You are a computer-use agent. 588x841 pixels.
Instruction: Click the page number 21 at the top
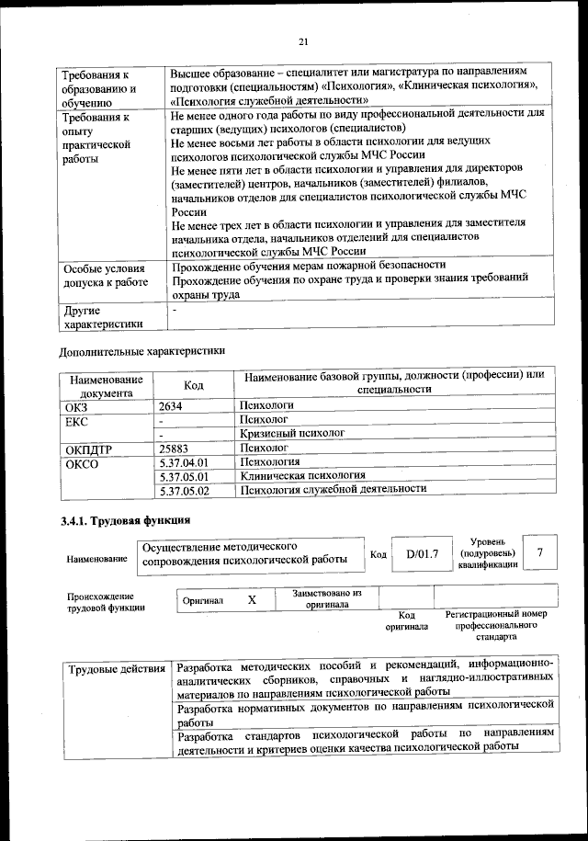click(x=303, y=40)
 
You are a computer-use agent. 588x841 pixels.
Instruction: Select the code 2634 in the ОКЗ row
click(x=172, y=404)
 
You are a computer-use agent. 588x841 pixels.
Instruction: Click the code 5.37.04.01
click(x=185, y=463)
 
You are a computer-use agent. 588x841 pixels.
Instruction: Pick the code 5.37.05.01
click(x=185, y=477)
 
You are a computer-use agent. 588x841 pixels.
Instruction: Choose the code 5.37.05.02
click(x=185, y=492)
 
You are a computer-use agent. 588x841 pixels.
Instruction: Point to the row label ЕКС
click(x=75, y=419)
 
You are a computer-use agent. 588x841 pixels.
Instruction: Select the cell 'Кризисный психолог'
click(x=292, y=433)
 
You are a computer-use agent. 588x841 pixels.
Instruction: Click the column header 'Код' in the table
click(x=194, y=385)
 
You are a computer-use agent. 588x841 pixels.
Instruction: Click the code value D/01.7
click(x=423, y=553)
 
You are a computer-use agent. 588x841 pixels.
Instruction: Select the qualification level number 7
click(x=541, y=552)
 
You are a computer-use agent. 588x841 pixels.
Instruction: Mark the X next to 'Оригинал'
click(x=252, y=599)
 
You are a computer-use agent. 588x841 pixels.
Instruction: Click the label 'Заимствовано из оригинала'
click(x=327, y=599)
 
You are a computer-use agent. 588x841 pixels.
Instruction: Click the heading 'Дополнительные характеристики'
click(x=141, y=350)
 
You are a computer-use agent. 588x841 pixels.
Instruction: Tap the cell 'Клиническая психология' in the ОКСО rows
click(x=302, y=476)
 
